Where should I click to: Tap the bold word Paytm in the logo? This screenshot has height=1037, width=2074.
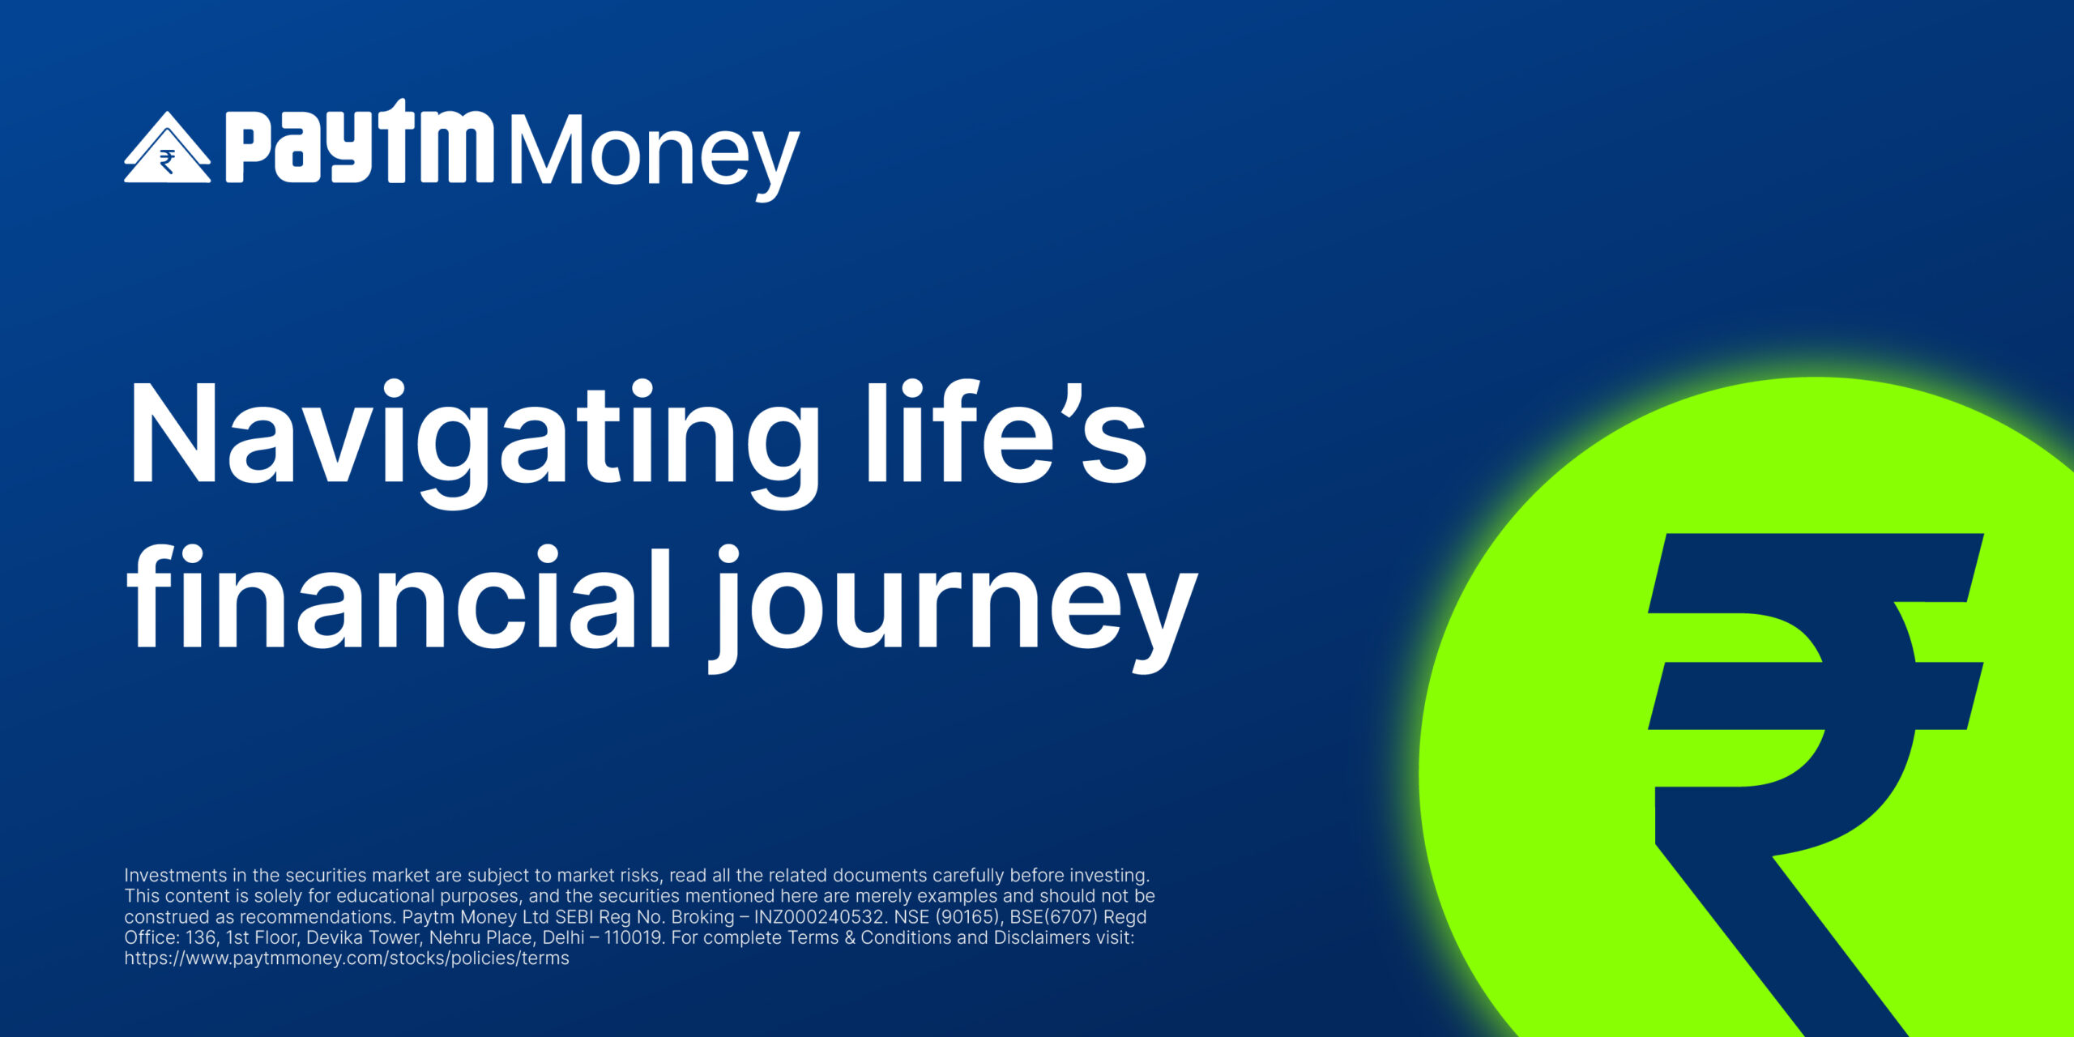pos(359,141)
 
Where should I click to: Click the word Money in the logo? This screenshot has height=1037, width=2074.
pos(655,155)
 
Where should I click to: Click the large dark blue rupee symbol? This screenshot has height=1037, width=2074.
pos(1815,778)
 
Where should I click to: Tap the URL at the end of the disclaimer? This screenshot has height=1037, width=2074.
pos(347,958)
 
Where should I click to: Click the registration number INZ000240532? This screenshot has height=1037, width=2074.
pos(818,916)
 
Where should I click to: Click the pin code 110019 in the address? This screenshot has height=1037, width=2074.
pos(633,937)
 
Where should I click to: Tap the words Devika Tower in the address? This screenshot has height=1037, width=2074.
pos(362,937)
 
